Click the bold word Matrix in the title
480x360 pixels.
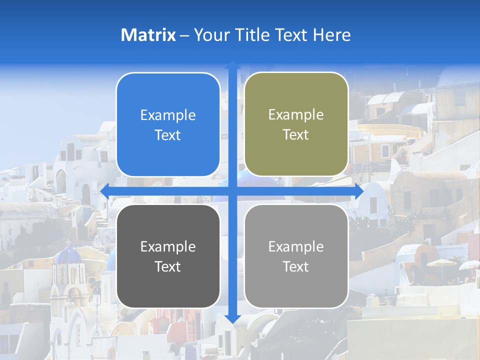(x=148, y=35)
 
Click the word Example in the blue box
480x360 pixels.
(x=168, y=115)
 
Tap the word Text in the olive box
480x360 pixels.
(x=296, y=135)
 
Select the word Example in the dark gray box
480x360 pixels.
(x=168, y=247)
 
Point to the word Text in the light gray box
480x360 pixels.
(x=296, y=267)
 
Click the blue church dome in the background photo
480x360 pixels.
(x=67, y=255)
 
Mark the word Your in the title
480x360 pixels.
(x=209, y=35)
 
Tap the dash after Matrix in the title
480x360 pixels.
(x=184, y=35)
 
